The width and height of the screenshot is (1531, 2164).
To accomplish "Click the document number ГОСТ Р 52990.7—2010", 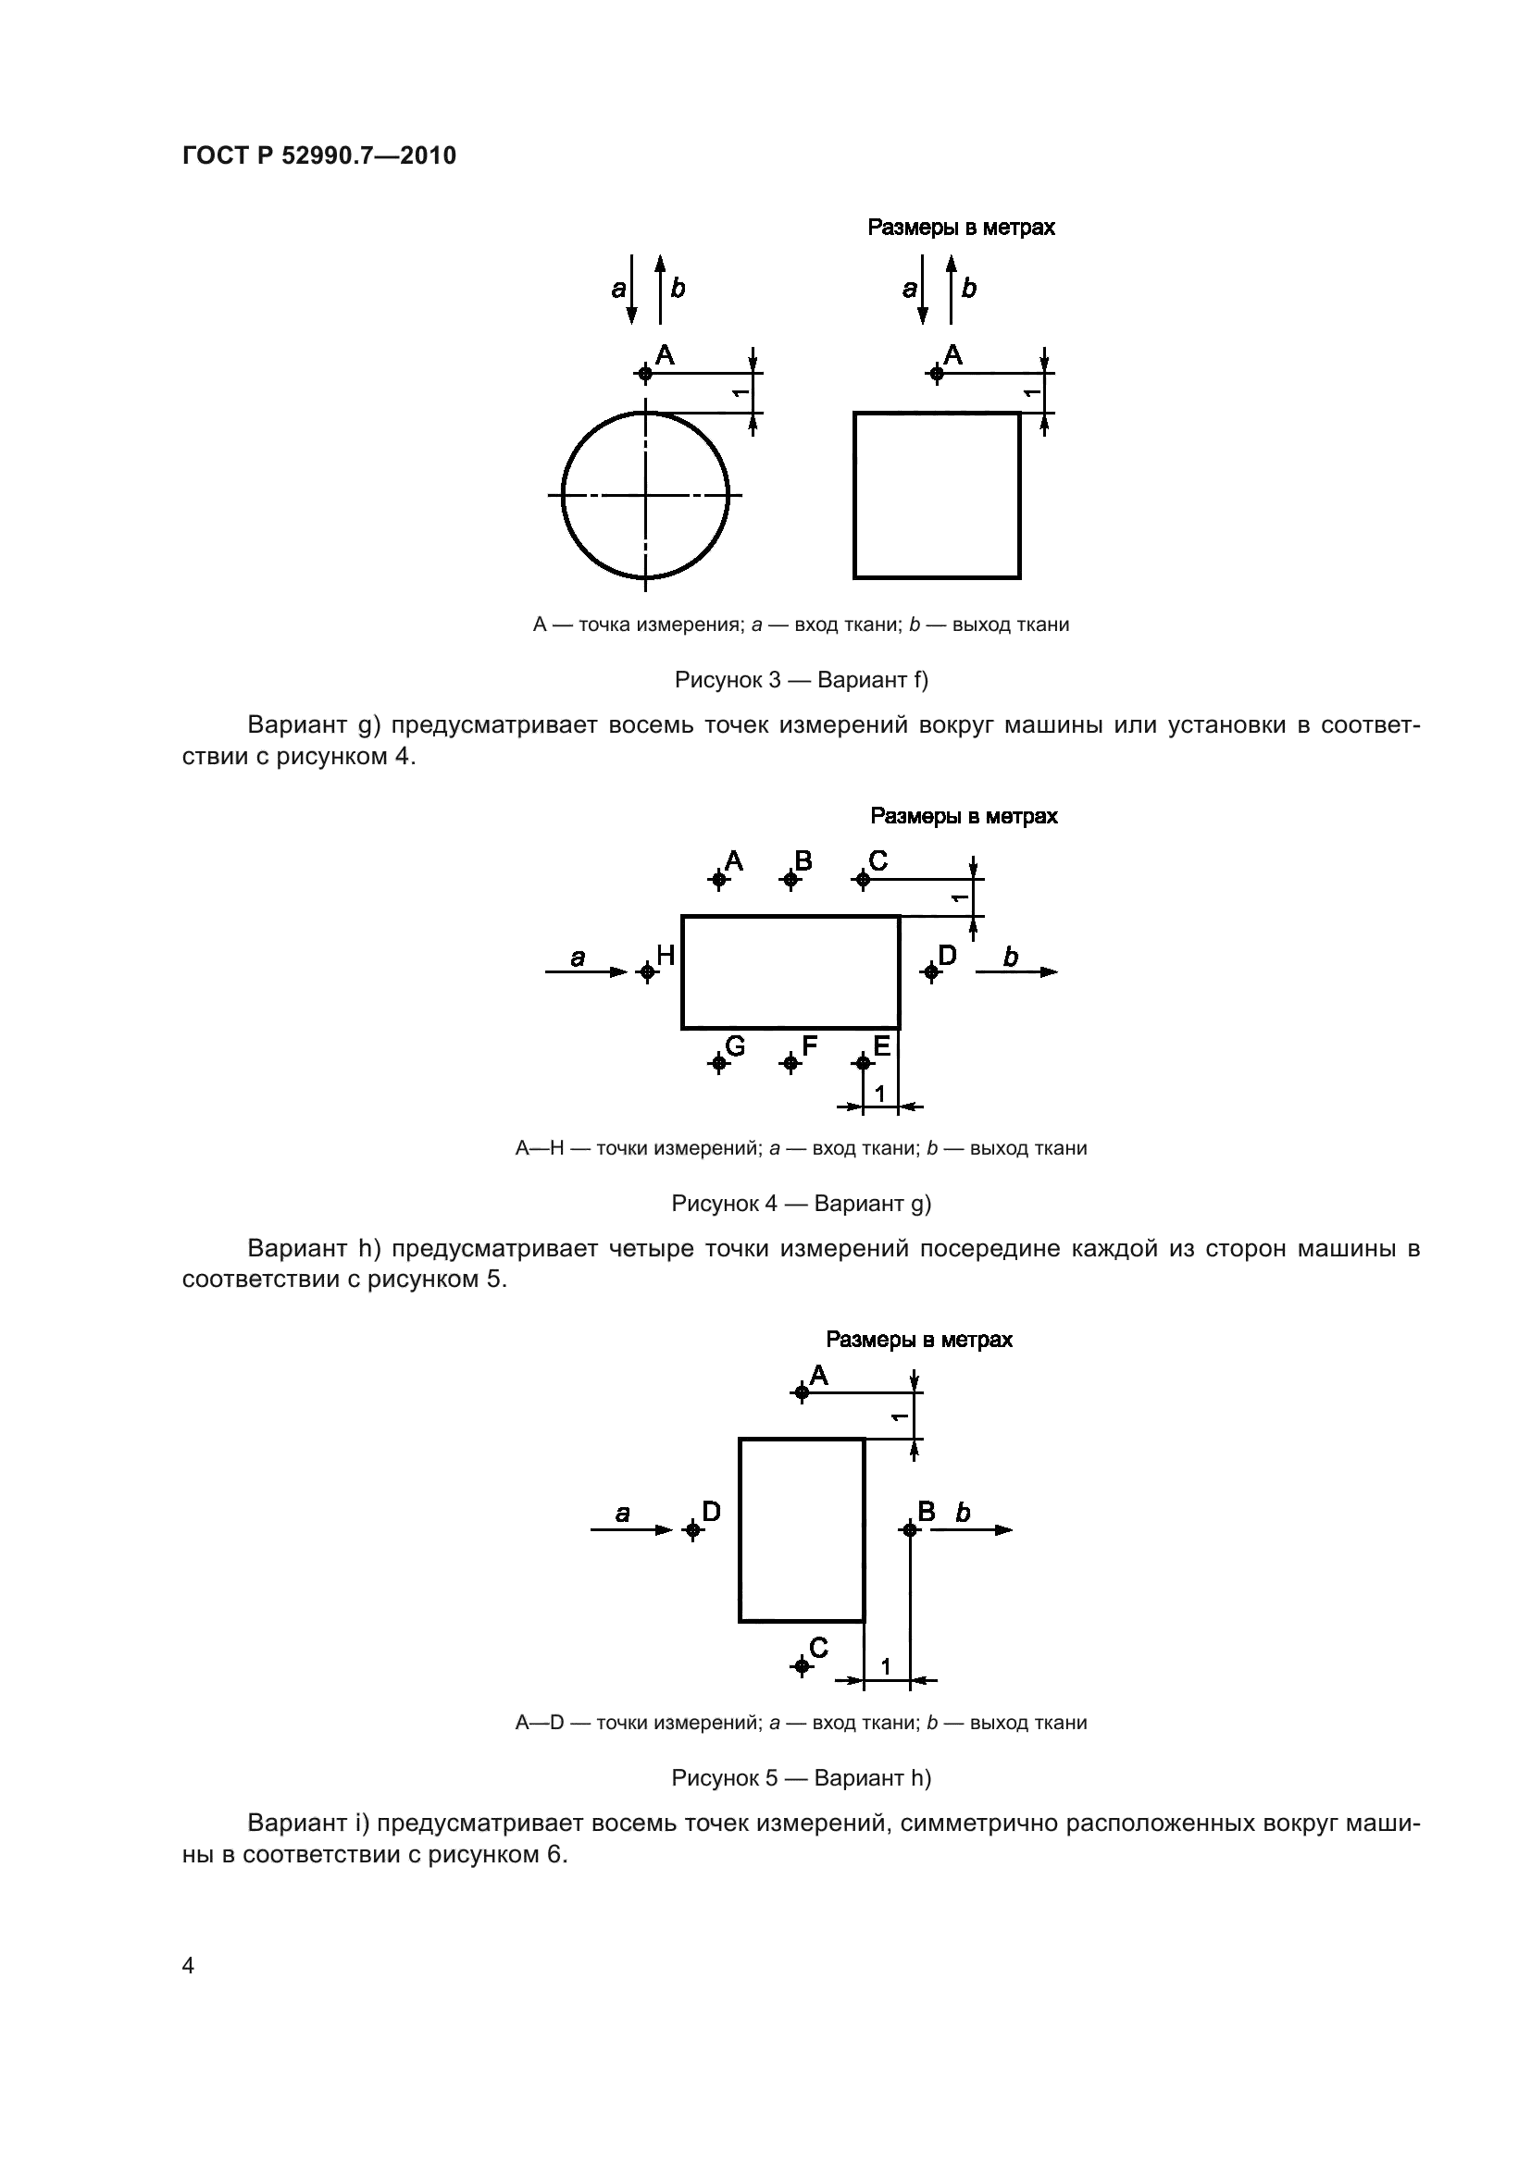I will coord(318,155).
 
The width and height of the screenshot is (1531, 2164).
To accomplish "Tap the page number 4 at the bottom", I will coord(188,1965).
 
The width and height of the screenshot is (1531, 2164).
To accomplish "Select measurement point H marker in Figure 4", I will coord(647,971).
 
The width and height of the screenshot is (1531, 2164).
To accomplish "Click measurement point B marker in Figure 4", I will coord(790,879).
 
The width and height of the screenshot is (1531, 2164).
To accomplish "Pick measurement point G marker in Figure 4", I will coord(718,1062).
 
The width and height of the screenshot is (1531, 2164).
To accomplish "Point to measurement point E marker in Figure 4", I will coord(862,1062).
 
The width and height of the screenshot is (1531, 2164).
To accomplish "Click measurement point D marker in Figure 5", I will coord(693,1529).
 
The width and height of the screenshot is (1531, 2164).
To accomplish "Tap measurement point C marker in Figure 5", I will coord(802,1666).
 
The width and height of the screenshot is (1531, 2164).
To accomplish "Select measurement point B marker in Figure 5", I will coord(909,1529).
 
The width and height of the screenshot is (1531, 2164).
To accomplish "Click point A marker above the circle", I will coord(645,373).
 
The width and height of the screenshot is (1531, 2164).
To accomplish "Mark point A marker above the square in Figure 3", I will coord(936,373).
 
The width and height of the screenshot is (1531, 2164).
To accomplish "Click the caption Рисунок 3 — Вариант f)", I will coord(802,680).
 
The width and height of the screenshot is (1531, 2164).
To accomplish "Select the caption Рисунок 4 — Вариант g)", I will coord(802,1204).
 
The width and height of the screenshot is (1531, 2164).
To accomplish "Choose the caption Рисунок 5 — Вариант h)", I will coord(802,1778).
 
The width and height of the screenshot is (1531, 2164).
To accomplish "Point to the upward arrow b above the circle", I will coord(660,289).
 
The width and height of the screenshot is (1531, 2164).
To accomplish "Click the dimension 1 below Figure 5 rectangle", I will coord(886,1667).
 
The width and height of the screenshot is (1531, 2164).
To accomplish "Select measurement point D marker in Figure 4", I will coord(931,971).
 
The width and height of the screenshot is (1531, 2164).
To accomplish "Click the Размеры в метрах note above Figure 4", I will coord(964,816).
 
